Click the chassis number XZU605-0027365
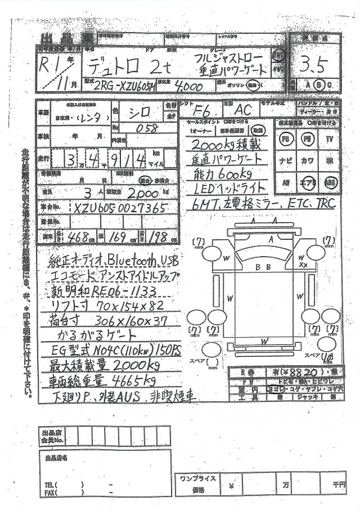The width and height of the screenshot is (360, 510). pos(119,208)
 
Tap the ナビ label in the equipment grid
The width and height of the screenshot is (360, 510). pos(286,160)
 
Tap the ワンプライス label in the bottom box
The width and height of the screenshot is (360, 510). pos(197,478)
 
